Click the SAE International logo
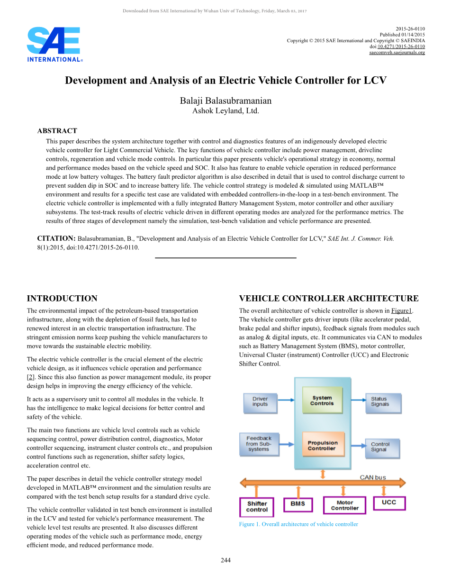click(x=55, y=45)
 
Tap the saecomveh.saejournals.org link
click(x=397, y=52)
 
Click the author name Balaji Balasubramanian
click(x=225, y=100)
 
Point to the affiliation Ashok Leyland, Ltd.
click(x=225, y=111)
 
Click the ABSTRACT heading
click(x=57, y=131)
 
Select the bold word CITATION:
click(x=56, y=238)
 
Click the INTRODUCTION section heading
click(x=62, y=299)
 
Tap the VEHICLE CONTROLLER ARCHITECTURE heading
click(x=329, y=299)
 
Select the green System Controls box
click(x=322, y=401)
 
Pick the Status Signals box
click(x=383, y=402)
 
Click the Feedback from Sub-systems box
click(x=259, y=444)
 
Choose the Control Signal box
click(x=382, y=447)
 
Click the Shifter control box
click(x=257, y=506)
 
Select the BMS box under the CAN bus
click(x=298, y=504)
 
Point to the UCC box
click(x=389, y=502)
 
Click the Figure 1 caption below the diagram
click(x=298, y=524)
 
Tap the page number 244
click(x=225, y=561)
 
